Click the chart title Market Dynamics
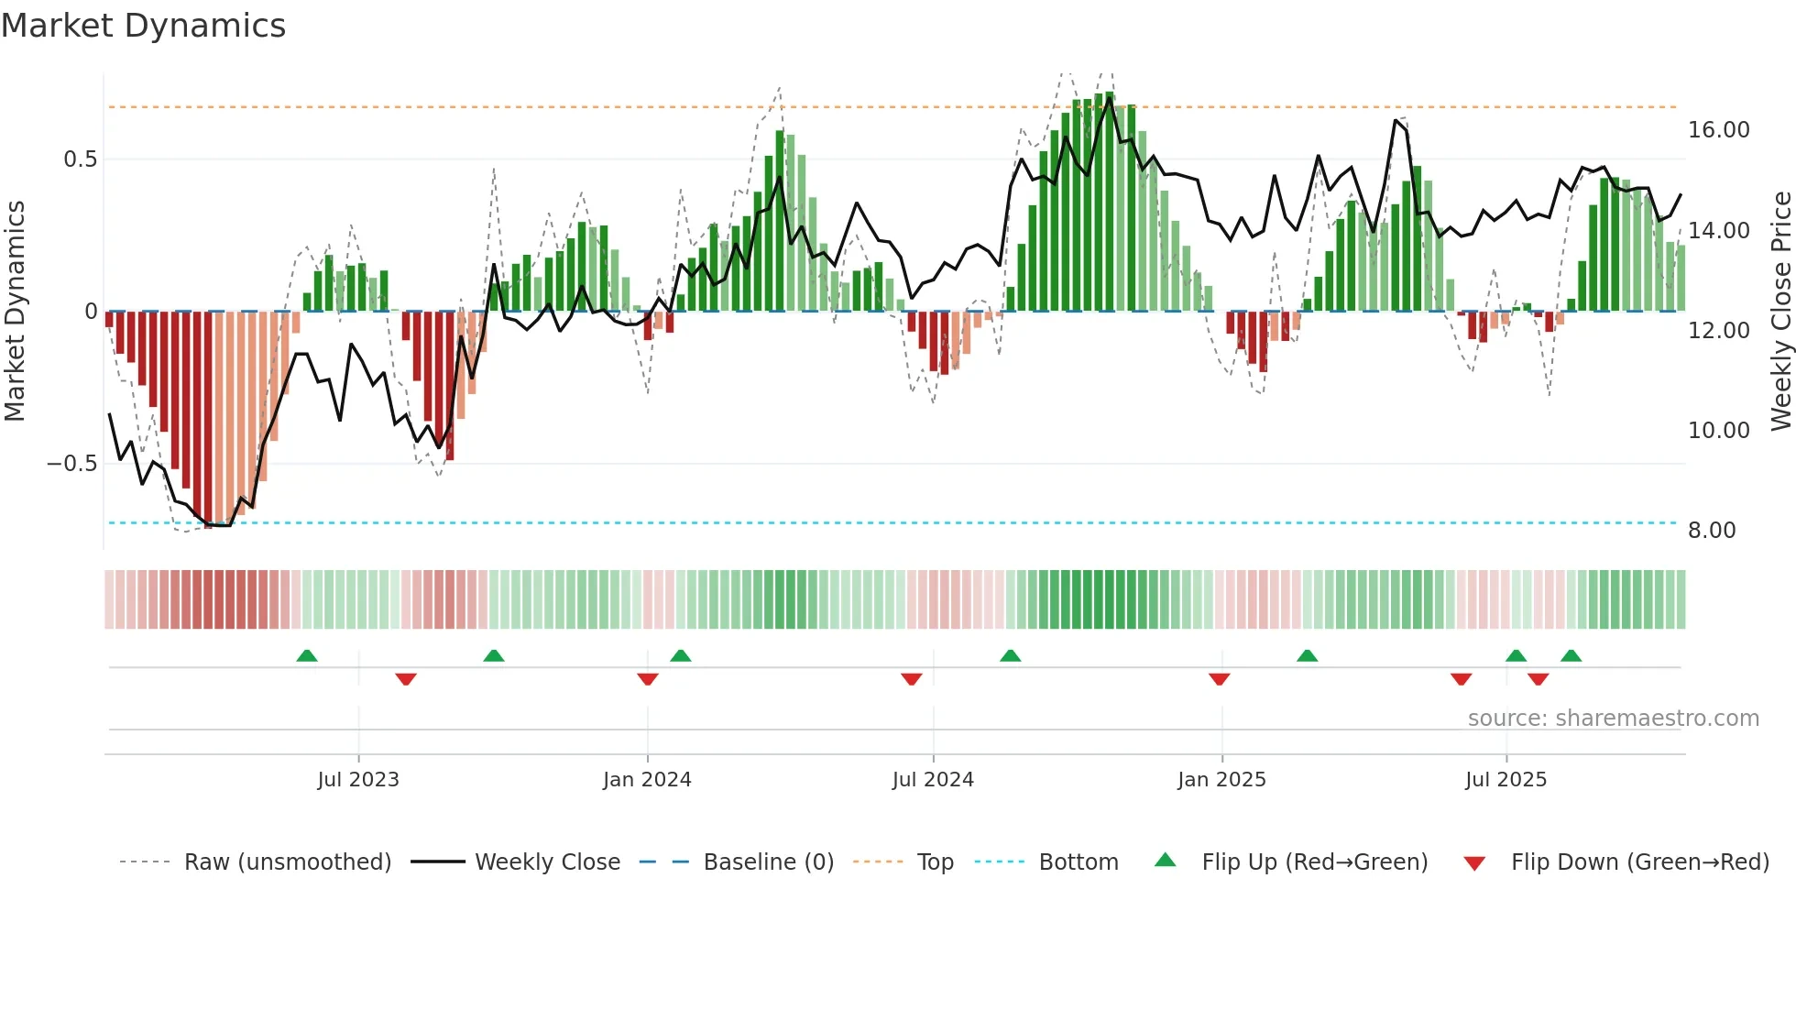(x=143, y=26)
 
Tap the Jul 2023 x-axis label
(x=358, y=780)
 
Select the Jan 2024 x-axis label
(x=647, y=780)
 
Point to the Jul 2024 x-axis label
(x=933, y=780)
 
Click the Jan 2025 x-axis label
(x=1221, y=780)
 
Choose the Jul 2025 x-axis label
(x=1506, y=780)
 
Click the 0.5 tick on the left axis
(x=80, y=159)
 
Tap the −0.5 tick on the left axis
(x=72, y=464)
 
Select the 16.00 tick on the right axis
(x=1718, y=130)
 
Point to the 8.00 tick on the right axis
(x=1712, y=531)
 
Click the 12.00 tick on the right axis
(x=1718, y=331)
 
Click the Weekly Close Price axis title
(x=1780, y=311)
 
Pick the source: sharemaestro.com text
(x=1613, y=719)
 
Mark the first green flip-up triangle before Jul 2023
(x=307, y=656)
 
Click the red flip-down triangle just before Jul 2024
(x=911, y=679)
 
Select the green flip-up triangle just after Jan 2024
(x=680, y=656)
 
